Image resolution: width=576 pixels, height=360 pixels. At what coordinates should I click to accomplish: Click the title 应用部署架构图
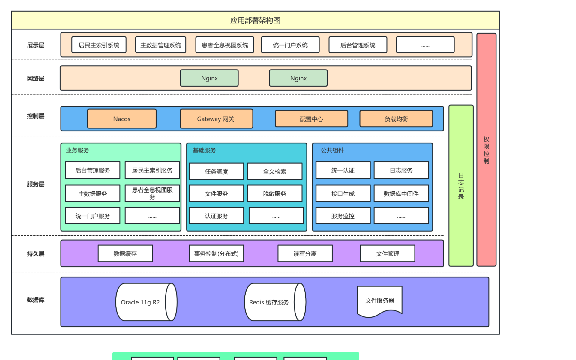coord(255,20)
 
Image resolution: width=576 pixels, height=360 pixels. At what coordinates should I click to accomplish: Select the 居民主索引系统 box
coord(99,45)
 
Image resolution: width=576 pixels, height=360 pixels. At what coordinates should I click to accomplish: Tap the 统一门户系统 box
coord(290,45)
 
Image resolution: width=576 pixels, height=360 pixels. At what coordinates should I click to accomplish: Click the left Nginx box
coord(209,78)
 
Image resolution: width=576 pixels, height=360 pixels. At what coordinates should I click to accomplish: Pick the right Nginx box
coord(298,78)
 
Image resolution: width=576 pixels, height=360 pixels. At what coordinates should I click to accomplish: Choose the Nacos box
coord(122,119)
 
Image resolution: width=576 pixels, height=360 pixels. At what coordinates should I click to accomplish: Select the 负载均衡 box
coord(396,119)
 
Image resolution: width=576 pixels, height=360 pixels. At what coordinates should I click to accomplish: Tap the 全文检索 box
coord(275,171)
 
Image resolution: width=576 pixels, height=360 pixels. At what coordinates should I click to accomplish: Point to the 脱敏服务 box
coord(275,193)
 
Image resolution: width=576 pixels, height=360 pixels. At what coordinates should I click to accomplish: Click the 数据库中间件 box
coord(401,193)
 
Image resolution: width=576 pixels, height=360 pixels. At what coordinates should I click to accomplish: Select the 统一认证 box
coord(343,170)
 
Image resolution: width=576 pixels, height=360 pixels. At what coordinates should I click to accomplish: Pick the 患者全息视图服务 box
coord(152,193)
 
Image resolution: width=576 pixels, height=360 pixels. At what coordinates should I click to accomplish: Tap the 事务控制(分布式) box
coord(216,253)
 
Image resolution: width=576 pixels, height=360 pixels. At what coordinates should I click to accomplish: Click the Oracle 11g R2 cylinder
coord(140,302)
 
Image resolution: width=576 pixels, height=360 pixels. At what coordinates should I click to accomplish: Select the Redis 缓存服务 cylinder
coord(269,302)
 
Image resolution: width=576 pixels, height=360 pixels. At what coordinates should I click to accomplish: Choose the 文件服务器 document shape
coord(379,301)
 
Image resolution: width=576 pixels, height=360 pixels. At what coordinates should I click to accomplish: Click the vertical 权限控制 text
coord(486,150)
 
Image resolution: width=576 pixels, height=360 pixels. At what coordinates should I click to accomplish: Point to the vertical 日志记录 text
coord(461,186)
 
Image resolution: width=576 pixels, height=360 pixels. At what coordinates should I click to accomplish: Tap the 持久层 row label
coord(36,254)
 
